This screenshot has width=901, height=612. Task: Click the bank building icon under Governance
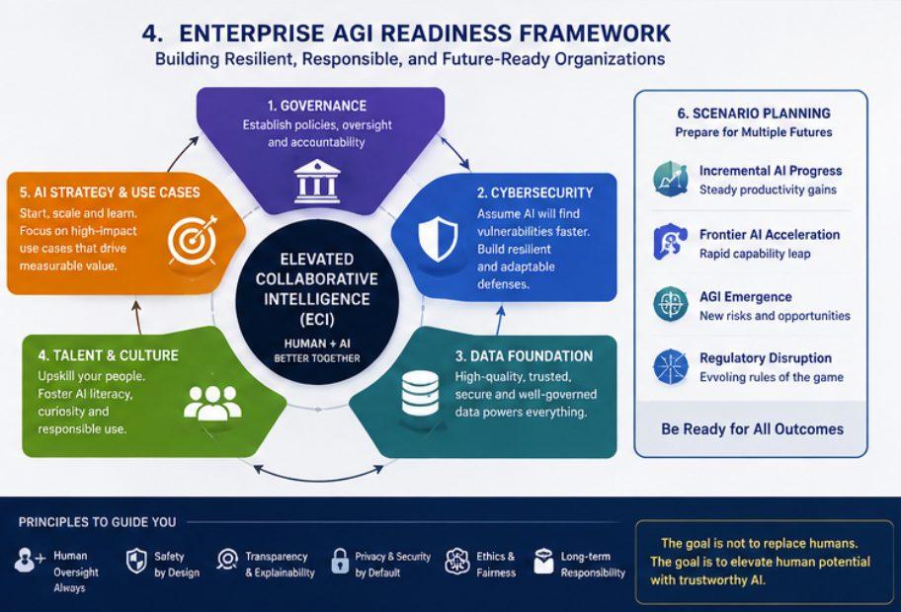[316, 182]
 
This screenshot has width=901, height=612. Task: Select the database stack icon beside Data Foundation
[420, 394]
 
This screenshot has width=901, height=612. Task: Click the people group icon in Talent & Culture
[212, 403]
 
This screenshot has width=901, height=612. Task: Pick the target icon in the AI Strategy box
[193, 240]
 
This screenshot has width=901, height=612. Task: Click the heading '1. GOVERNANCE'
[316, 106]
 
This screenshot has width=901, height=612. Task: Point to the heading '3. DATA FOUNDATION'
[524, 356]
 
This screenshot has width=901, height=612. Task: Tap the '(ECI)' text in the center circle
[316, 319]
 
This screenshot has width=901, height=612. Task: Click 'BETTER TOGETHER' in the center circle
[317, 358]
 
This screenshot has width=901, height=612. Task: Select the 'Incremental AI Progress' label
[770, 171]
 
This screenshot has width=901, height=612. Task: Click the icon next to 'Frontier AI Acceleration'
[671, 242]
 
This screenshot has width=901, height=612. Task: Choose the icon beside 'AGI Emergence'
[671, 304]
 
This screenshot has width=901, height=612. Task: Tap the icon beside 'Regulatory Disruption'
[671, 366]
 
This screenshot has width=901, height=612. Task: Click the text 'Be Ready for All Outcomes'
[752, 429]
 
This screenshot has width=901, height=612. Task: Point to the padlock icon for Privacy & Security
[340, 561]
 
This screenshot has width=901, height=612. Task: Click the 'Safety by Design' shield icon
[136, 561]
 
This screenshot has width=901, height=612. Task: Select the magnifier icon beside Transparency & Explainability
[227, 559]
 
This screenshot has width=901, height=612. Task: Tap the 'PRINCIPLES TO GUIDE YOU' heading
[97, 522]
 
